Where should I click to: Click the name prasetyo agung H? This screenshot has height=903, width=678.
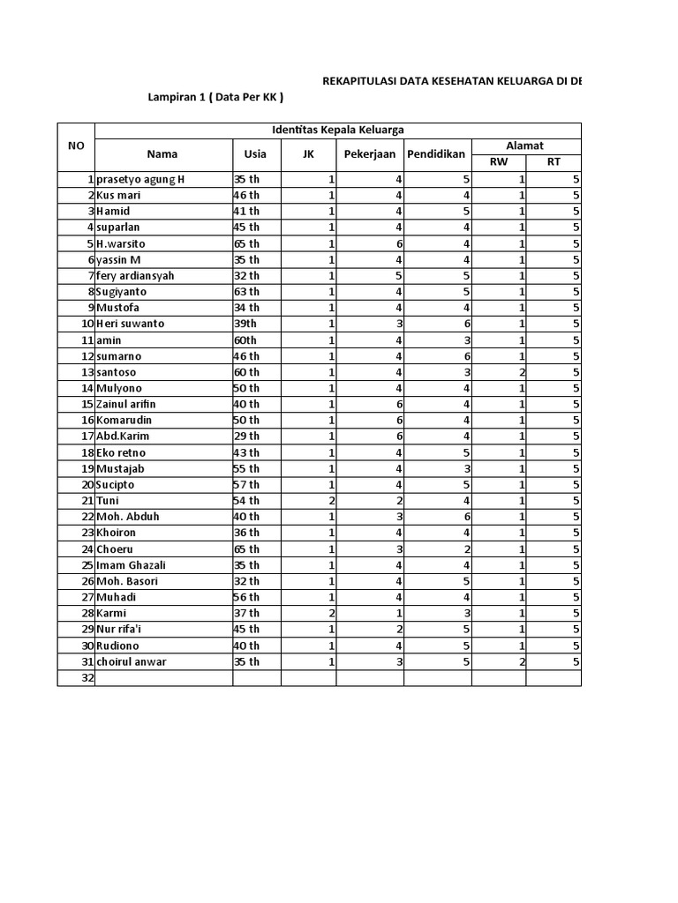(x=141, y=180)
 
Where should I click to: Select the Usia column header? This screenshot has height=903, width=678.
(x=256, y=154)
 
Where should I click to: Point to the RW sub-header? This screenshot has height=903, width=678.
(x=499, y=162)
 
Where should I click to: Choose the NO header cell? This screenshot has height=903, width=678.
(x=76, y=146)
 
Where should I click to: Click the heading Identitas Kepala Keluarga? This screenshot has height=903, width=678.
(x=337, y=130)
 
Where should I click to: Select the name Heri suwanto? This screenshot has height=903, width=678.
(x=131, y=324)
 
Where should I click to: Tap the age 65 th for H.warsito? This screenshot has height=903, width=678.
(x=247, y=243)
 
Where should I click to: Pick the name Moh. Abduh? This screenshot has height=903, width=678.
(x=128, y=517)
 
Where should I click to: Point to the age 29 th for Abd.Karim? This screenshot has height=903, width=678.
(x=247, y=437)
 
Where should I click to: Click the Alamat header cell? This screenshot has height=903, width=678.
(x=525, y=146)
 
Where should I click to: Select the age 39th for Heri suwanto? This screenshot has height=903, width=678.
(x=246, y=324)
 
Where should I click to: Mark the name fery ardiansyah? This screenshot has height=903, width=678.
(x=136, y=276)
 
